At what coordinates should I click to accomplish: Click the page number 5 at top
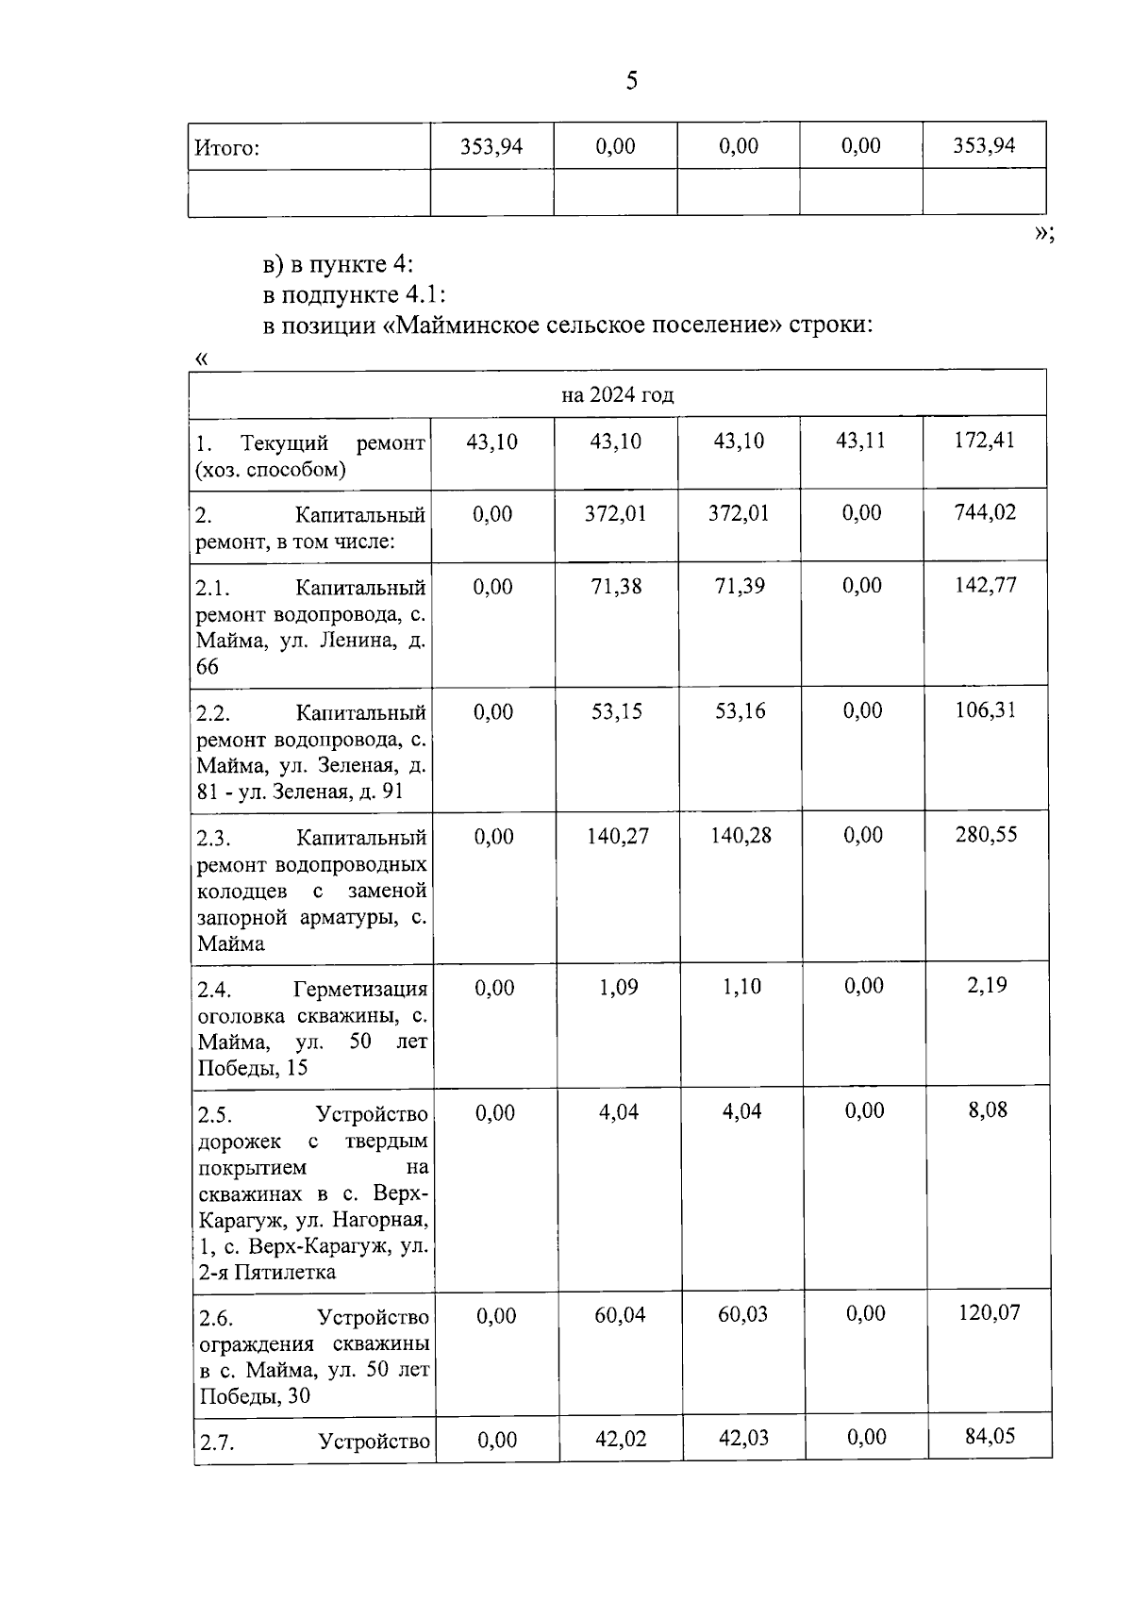click(631, 81)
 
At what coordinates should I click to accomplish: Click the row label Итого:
click(226, 148)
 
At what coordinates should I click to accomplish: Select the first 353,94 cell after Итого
click(491, 146)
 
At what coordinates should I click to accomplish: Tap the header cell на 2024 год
click(617, 394)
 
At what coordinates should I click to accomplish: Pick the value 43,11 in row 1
click(860, 441)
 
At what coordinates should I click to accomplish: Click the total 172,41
click(984, 441)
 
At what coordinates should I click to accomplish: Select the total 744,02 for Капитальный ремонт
click(985, 513)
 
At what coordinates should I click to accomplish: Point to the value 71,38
click(616, 586)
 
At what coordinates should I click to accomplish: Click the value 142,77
click(986, 585)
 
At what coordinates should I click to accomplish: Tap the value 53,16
click(741, 710)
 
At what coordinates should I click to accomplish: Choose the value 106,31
click(986, 709)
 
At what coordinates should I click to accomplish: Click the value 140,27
click(618, 836)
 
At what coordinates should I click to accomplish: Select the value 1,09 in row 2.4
click(619, 987)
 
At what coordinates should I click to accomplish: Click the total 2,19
click(988, 986)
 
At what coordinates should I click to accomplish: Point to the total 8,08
click(988, 1110)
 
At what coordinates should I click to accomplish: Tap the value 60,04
click(620, 1314)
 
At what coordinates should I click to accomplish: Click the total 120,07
click(989, 1313)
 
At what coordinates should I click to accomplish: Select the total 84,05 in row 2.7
click(990, 1436)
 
